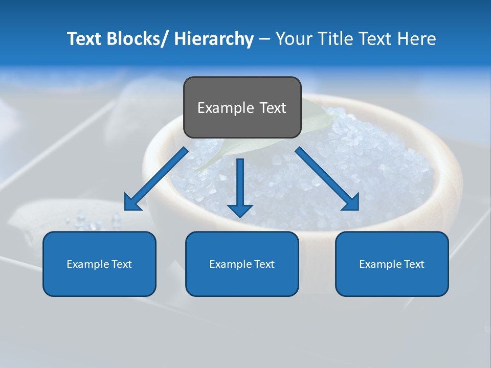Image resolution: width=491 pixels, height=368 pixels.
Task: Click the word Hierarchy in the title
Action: (214, 39)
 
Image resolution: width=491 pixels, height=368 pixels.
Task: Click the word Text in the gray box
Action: (273, 108)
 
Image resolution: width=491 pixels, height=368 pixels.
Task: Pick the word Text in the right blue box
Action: (414, 264)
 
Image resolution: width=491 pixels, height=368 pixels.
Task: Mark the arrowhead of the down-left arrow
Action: (133, 203)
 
